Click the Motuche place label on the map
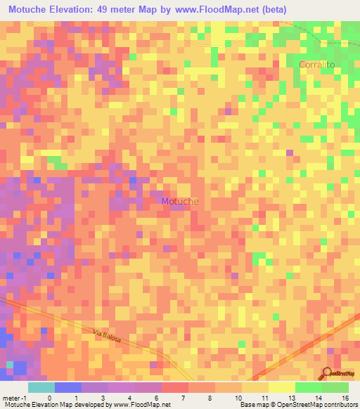180,201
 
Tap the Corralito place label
316,64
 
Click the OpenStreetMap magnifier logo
327,372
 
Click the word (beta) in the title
269,9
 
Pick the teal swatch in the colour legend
41,387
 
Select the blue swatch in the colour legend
68,387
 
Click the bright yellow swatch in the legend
281,387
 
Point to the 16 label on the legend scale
345,397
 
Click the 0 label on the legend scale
49,397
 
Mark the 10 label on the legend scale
239,397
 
